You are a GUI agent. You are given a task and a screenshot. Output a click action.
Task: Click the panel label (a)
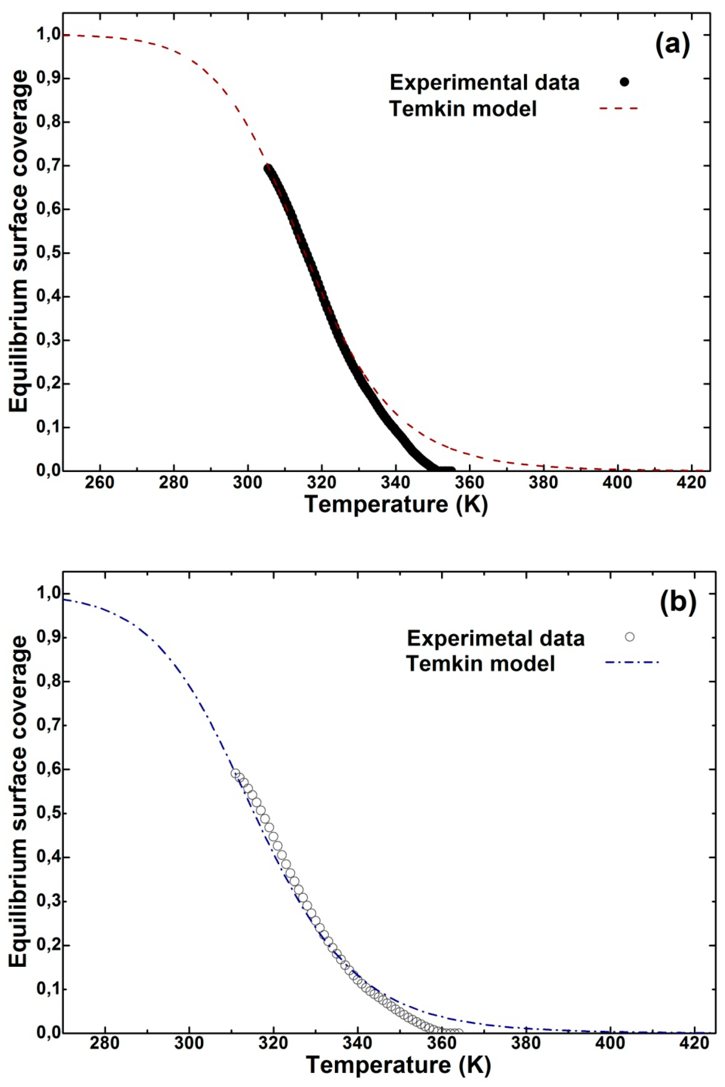click(x=672, y=45)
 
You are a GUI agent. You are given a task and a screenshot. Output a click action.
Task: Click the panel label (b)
click(x=678, y=603)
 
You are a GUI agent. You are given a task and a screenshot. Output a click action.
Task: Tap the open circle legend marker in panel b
click(x=629, y=637)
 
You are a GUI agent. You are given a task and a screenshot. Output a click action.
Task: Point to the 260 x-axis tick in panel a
click(x=100, y=483)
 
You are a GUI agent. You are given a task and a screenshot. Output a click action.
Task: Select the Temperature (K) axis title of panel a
click(x=396, y=505)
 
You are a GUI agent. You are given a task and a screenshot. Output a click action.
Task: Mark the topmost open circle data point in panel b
click(x=235, y=773)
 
